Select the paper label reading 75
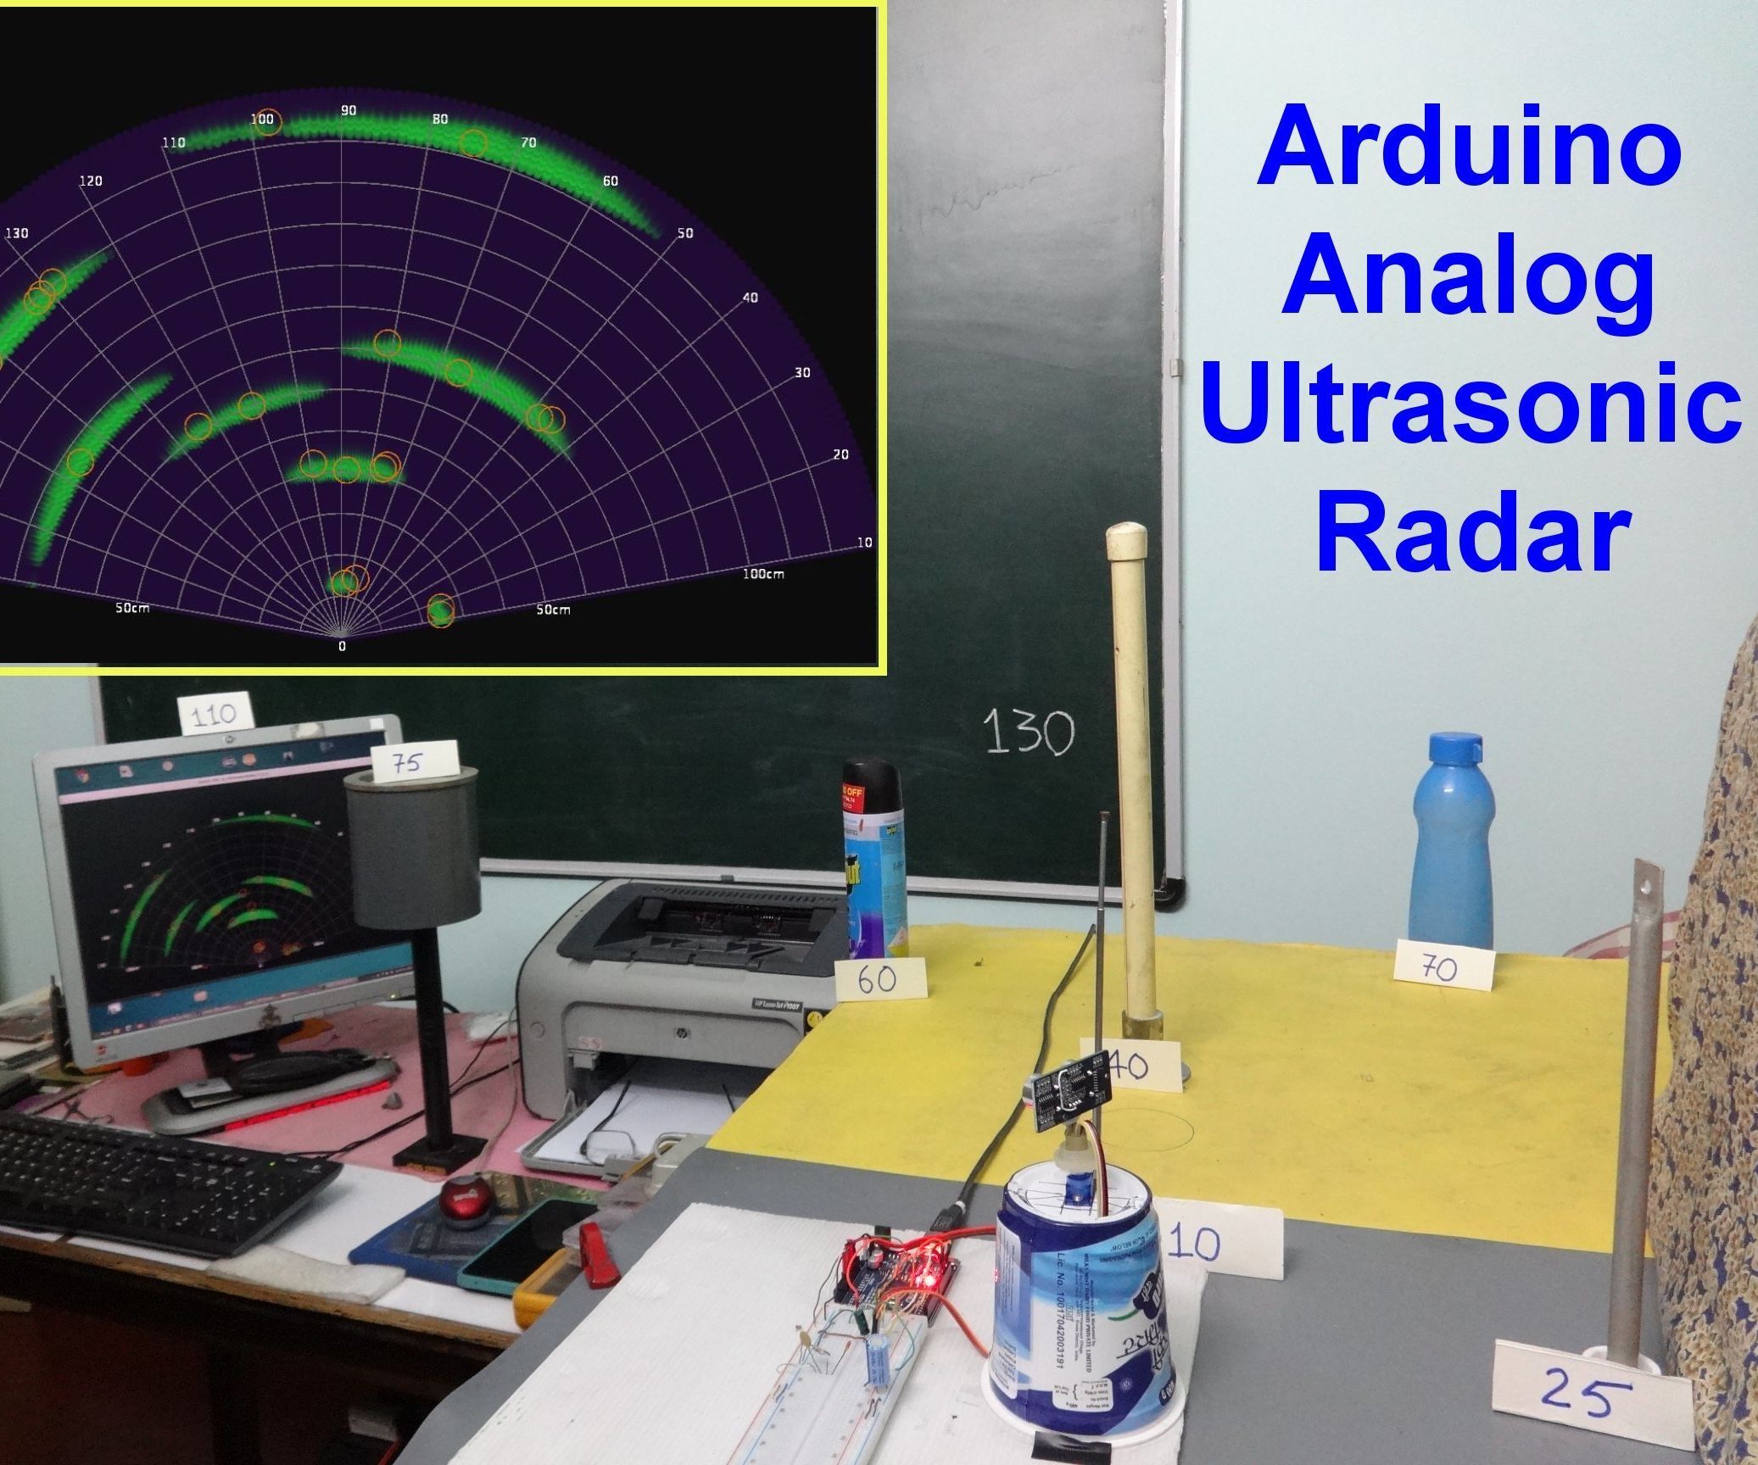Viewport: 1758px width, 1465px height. [x=415, y=761]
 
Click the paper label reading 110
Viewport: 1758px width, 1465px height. [x=215, y=714]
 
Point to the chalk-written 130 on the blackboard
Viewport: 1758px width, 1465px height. [x=1028, y=733]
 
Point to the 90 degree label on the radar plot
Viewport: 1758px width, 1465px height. [x=349, y=111]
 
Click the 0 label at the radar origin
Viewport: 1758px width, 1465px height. [x=342, y=646]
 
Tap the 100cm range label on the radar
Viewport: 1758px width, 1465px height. [x=763, y=574]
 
